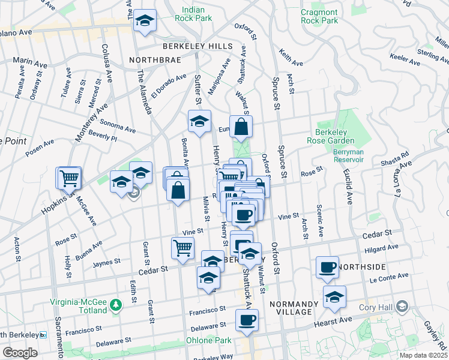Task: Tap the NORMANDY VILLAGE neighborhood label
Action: coord(290,307)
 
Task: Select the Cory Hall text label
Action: coord(378,307)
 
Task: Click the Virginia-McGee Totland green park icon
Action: coord(115,305)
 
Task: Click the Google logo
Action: coord(20,353)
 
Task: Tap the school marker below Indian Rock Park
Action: coord(145,22)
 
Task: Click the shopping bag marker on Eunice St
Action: coord(241,127)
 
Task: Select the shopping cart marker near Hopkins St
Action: coord(69,178)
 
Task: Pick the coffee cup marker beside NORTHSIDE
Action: coord(328,267)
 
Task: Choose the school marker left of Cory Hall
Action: coord(334,296)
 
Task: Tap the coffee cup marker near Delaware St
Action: coord(246,320)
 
